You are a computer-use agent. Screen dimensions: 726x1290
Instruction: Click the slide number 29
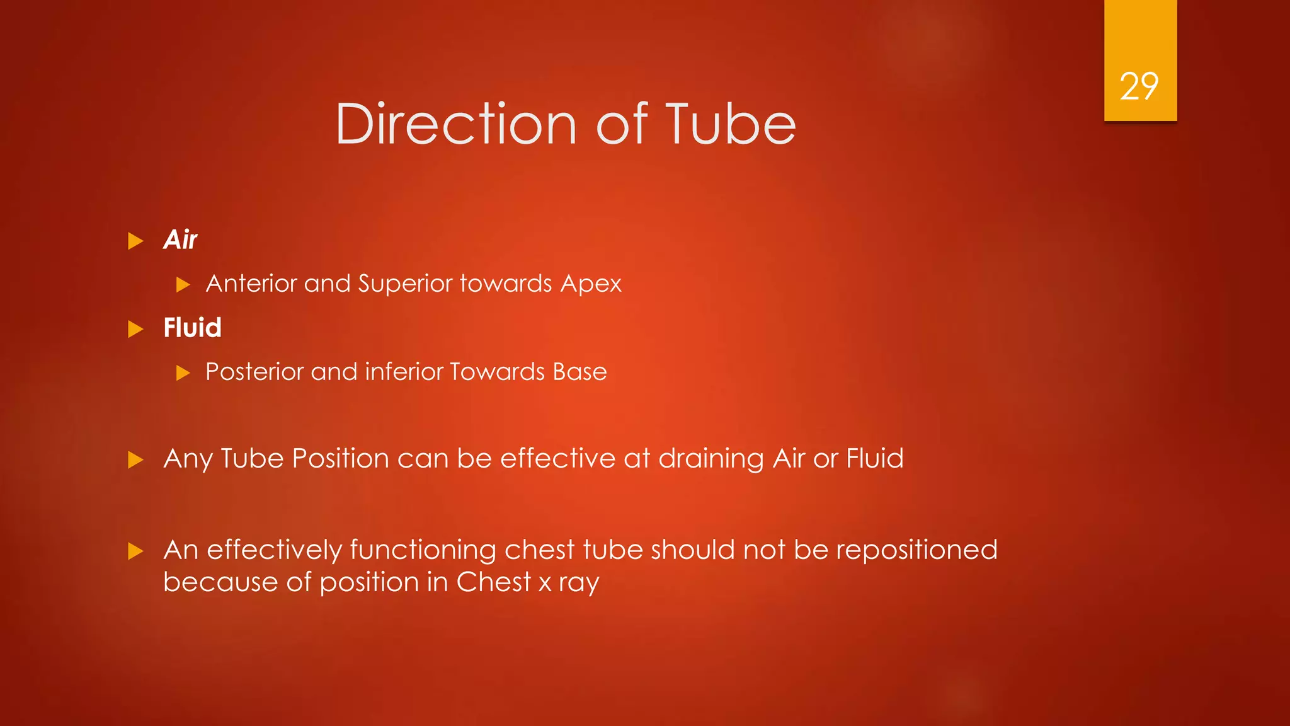(x=1139, y=86)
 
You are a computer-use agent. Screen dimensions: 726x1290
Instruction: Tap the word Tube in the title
(x=730, y=124)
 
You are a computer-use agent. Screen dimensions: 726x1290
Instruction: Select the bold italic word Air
(x=180, y=240)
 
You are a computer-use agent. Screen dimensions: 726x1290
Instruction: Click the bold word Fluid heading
(x=192, y=328)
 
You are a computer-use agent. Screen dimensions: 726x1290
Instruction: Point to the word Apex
(x=590, y=284)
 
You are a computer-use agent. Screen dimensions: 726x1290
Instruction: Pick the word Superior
(x=405, y=284)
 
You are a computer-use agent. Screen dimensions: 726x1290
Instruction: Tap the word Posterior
(x=254, y=372)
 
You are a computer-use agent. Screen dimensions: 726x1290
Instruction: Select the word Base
(x=579, y=372)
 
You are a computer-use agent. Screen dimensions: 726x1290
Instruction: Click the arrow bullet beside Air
(x=135, y=241)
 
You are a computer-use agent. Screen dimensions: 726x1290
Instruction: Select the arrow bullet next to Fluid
(x=135, y=329)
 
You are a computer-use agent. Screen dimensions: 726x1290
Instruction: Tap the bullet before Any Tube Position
(x=135, y=459)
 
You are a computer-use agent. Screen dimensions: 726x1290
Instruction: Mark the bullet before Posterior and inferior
(x=183, y=373)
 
